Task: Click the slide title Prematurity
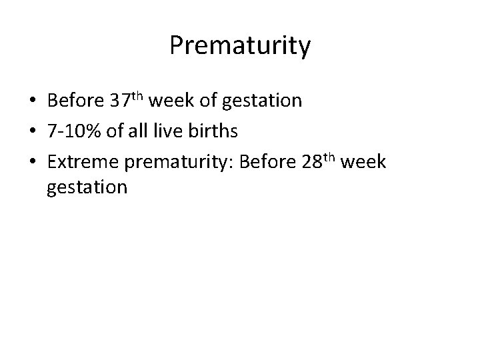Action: [x=239, y=46]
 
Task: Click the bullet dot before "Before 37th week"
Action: [x=32, y=101]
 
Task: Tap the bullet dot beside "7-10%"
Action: [x=32, y=131]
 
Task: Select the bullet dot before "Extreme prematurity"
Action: [x=32, y=161]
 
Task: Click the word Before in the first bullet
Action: [x=74, y=101]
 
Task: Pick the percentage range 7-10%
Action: [x=73, y=131]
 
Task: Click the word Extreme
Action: [x=81, y=161]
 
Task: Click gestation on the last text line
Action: [x=87, y=187]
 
